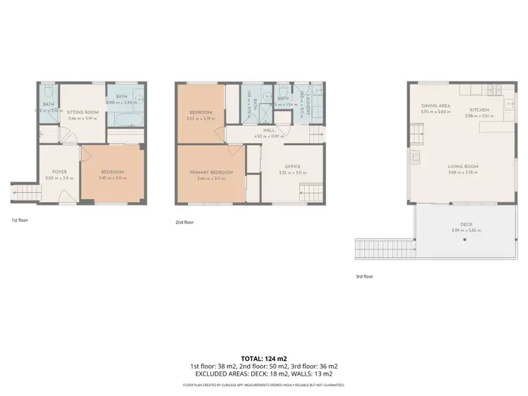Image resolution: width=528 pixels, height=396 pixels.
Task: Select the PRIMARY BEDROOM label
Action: coord(210,172)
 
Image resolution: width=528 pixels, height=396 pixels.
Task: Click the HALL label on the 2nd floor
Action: coord(268,130)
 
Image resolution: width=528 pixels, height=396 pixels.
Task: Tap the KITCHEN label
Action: coord(479,110)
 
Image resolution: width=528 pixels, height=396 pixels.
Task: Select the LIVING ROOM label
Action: coord(463,167)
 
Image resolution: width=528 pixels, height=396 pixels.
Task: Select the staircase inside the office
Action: coord(310,191)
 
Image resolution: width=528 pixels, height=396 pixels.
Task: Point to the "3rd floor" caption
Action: coord(364,276)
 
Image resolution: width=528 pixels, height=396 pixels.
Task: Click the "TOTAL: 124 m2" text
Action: coord(264,359)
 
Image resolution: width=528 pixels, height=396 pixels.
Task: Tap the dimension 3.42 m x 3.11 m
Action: coord(112,179)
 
